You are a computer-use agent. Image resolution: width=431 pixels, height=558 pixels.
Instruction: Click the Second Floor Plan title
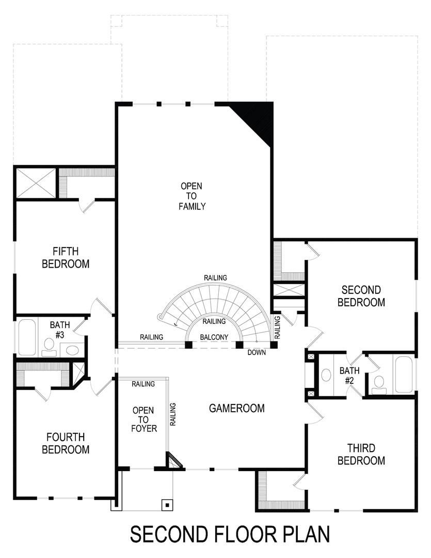click(x=229, y=534)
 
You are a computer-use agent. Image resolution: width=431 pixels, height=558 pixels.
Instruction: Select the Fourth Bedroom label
click(x=66, y=443)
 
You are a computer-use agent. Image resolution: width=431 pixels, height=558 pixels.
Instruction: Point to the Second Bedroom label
click(x=361, y=296)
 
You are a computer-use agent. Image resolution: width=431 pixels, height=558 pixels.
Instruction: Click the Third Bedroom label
click(x=361, y=454)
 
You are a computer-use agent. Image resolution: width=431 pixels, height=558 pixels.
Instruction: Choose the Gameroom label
click(x=236, y=408)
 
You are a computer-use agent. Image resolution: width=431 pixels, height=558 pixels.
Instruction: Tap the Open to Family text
click(x=192, y=196)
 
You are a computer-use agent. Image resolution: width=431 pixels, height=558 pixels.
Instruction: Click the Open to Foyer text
click(x=143, y=420)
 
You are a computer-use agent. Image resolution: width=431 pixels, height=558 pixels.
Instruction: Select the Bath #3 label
click(x=57, y=330)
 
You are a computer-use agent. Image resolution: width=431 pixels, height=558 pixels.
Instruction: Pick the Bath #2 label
click(x=349, y=375)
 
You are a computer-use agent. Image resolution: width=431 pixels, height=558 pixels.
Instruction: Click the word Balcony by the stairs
click(x=214, y=337)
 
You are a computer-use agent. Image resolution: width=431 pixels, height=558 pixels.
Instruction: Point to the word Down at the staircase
click(x=257, y=352)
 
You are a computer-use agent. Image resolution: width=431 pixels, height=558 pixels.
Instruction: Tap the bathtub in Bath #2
click(x=404, y=375)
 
